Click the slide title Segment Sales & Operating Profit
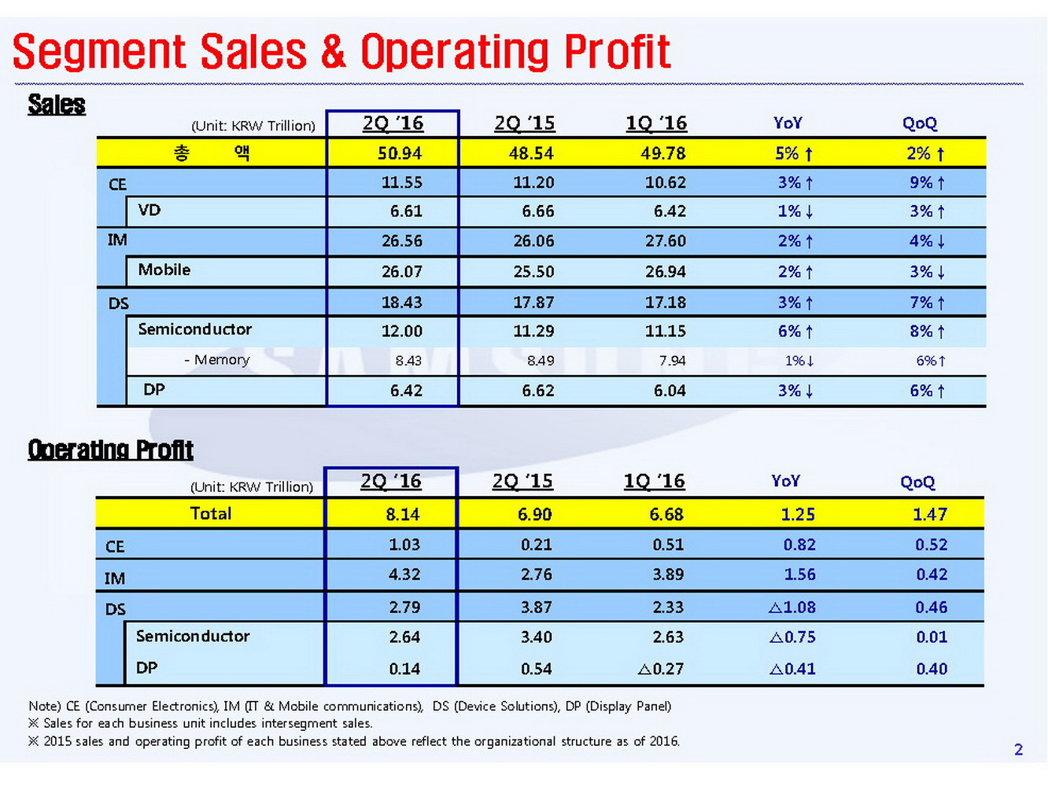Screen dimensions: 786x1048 (341, 52)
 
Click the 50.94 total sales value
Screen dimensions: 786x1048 (400, 153)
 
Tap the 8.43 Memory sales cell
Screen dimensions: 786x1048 (408, 361)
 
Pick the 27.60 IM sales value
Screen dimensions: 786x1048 (665, 241)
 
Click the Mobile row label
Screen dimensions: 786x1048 (164, 270)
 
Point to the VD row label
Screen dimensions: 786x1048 (149, 211)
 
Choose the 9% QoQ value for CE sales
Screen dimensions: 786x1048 (927, 183)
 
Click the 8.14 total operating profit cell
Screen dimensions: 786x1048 (402, 515)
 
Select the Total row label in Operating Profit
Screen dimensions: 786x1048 (210, 514)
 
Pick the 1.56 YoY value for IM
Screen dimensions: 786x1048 (799, 575)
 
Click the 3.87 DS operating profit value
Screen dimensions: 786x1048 (536, 608)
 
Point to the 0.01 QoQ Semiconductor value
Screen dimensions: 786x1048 (932, 637)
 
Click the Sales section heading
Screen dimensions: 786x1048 (57, 105)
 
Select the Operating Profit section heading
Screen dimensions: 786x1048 (110, 450)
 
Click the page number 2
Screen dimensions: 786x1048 (1018, 750)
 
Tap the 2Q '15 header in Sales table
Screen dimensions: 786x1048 (524, 123)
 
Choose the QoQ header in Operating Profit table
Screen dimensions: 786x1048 (917, 482)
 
